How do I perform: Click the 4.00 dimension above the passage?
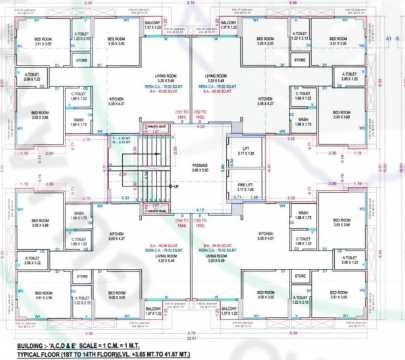point(200,126)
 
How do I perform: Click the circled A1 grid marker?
point(390,41)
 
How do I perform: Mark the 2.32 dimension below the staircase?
point(126,197)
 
